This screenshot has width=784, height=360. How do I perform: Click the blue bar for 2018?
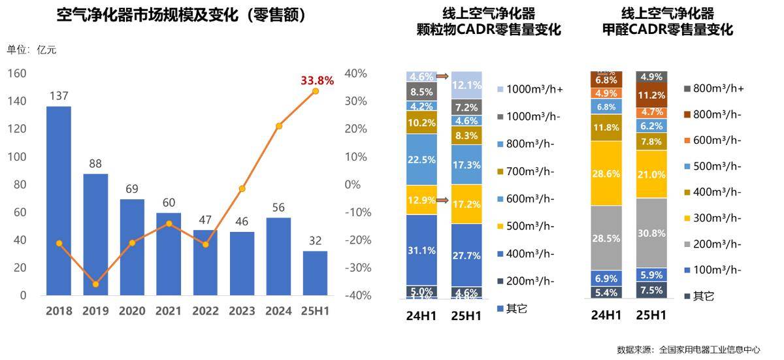pos(59,201)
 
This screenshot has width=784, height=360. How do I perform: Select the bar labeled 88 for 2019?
pos(95,235)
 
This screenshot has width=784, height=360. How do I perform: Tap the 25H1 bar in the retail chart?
pos(316,273)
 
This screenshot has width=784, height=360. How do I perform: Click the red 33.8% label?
pos(318,81)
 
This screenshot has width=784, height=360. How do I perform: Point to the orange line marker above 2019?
pos(95,284)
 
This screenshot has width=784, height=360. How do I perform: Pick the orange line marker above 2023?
pos(242,189)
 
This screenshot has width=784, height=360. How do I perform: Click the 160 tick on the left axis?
pos(17,73)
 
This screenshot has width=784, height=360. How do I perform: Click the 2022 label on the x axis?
pos(205,312)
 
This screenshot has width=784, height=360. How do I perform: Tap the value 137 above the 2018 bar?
pos(59,96)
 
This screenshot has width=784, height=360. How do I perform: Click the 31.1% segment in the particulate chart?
pos(421,250)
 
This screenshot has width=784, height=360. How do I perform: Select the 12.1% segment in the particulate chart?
pos(466,85)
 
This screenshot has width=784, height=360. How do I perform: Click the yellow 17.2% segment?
pos(466,205)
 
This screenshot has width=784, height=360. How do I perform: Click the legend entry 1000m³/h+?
pos(529,89)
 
